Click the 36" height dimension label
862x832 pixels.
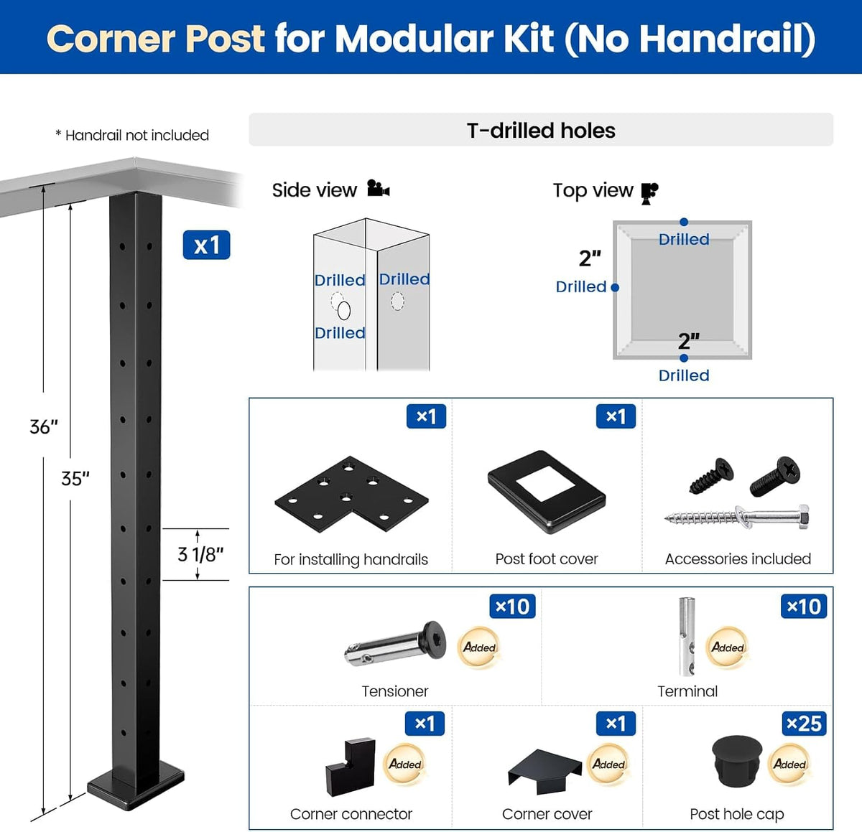(44, 426)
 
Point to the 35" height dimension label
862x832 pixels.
(75, 478)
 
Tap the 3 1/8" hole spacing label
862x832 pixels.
(200, 554)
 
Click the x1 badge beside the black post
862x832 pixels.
(206, 245)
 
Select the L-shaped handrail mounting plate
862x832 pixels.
(351, 495)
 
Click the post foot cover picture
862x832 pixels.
(547, 492)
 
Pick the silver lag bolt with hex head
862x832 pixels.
(737, 516)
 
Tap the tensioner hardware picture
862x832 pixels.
(395, 643)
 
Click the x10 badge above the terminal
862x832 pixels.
(804, 606)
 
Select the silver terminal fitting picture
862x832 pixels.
(687, 637)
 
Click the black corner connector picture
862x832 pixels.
(350, 767)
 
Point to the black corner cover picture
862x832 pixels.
(544, 771)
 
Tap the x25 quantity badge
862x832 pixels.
(804, 724)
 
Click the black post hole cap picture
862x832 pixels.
(737, 762)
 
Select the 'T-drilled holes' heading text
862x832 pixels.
(541, 130)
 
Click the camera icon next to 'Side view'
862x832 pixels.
(379, 188)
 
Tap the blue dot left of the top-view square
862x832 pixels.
(615, 287)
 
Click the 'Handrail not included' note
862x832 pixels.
(132, 135)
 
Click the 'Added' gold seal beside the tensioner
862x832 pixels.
(479, 648)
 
